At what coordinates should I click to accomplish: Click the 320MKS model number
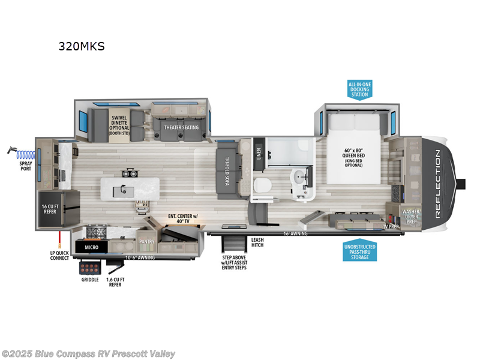click(81, 46)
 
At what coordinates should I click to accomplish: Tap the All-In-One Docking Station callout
click(359, 89)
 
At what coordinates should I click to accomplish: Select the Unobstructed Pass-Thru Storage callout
click(359, 250)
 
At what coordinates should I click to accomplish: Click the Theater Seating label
click(182, 127)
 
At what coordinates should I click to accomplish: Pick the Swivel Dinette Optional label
click(120, 126)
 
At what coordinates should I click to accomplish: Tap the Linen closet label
click(259, 154)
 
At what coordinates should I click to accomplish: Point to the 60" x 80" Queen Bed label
click(354, 157)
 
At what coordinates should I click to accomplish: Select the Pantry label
click(146, 241)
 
